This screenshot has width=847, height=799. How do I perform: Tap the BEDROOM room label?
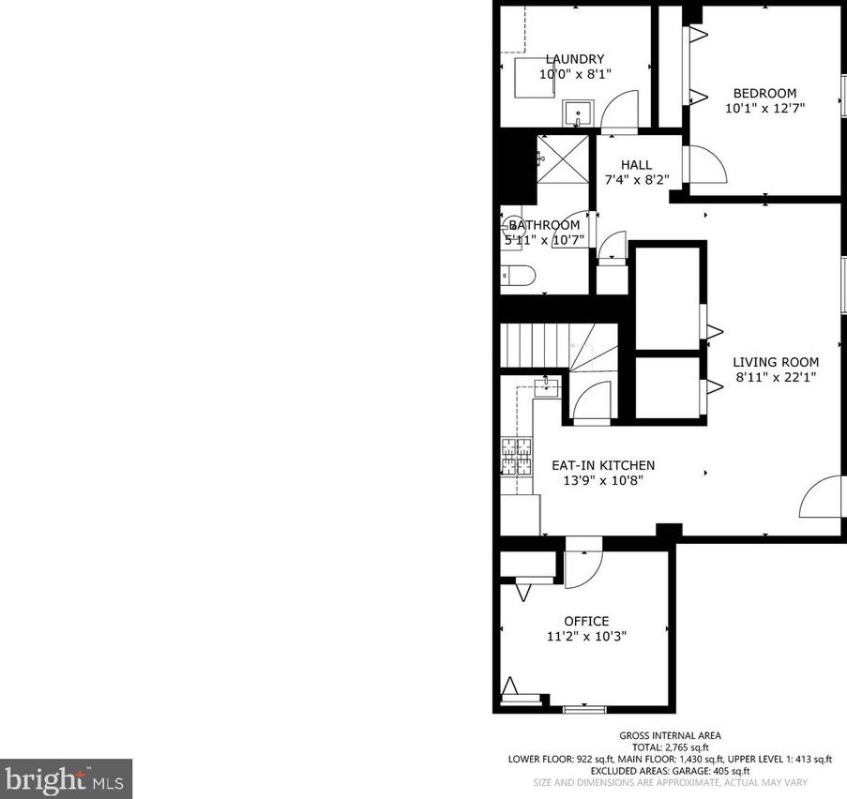coord(764,93)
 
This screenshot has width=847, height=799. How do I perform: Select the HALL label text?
coord(636,165)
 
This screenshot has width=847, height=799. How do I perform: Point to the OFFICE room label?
coord(586,621)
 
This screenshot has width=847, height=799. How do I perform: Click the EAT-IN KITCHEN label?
coord(602,465)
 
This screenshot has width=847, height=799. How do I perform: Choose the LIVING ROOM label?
coord(775,362)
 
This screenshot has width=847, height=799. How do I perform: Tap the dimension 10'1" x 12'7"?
coord(764,108)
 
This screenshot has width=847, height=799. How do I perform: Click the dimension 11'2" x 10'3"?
coord(586,636)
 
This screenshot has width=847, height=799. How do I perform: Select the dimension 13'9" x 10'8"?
coord(602,480)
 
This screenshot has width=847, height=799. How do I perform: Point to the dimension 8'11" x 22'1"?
coord(775,378)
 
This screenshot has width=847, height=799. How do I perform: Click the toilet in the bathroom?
coord(518,276)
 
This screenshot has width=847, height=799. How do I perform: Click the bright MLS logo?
coord(66,778)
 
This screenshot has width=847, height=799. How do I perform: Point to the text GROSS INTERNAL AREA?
coord(670,736)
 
